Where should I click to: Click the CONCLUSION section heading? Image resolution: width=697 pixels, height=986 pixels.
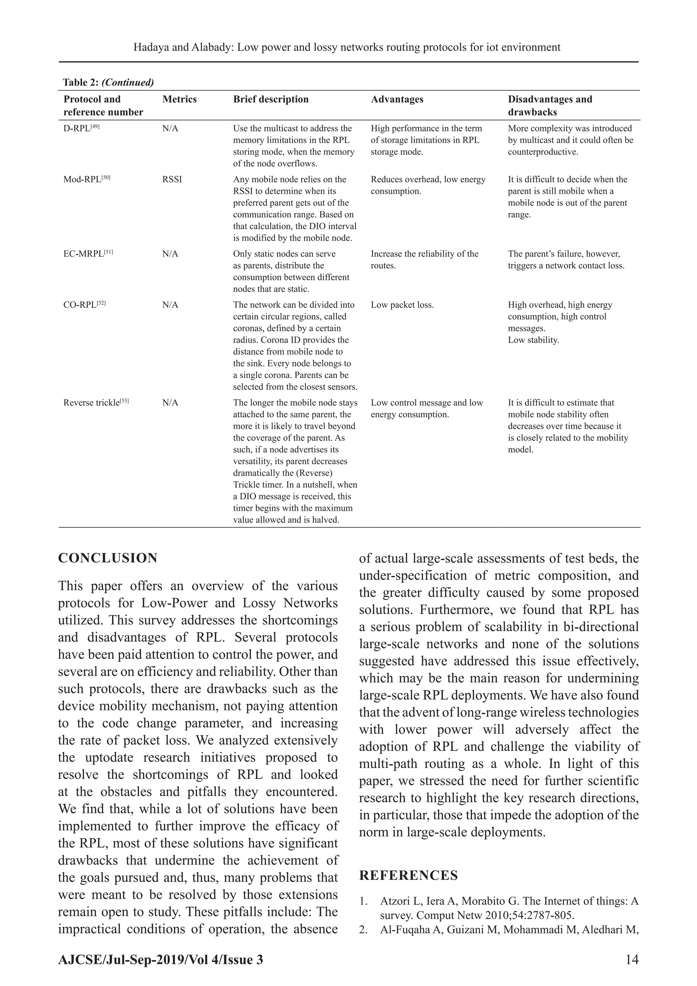[108, 558]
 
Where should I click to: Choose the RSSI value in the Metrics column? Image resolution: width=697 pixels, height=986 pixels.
[172, 179]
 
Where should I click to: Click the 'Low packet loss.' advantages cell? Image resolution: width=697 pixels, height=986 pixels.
[402, 305]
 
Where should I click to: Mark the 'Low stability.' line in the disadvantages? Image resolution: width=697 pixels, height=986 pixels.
[534, 340]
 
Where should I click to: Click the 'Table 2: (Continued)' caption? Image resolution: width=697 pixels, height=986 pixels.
[108, 82]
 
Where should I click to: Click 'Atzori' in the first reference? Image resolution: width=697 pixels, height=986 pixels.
[393, 901]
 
